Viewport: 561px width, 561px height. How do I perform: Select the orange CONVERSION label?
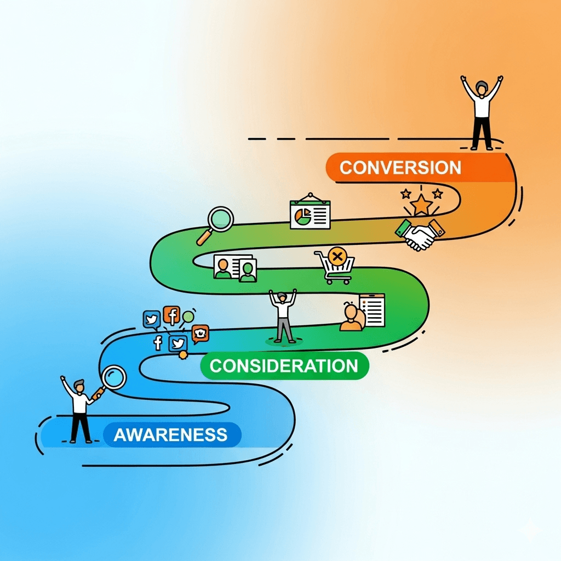click(x=400, y=167)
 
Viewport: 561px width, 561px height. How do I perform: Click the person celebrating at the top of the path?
click(x=482, y=112)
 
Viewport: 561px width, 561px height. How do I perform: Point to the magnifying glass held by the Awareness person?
click(x=114, y=378)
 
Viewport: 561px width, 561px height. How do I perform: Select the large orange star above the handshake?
click(x=421, y=205)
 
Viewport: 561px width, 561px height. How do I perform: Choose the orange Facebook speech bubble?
click(x=171, y=316)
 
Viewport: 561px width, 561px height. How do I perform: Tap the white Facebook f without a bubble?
click(x=158, y=343)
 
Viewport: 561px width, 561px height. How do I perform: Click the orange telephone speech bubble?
click(x=200, y=333)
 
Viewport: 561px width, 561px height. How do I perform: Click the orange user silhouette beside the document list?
click(x=351, y=318)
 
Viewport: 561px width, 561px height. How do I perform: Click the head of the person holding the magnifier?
click(x=80, y=386)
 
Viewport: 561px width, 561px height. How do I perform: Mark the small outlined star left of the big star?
click(x=405, y=193)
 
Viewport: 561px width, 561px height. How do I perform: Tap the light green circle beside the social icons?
click(x=188, y=316)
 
